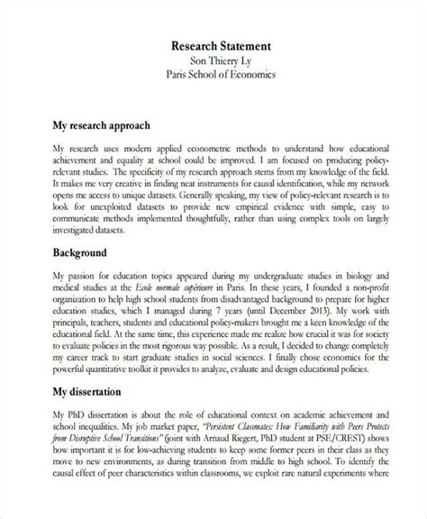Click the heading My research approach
pos(101,124)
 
